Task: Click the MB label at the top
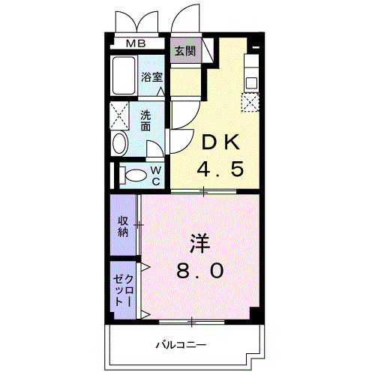[136, 43]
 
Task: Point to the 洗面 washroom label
[146, 121]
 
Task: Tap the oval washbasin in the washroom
[120, 143]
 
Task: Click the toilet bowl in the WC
[135, 175]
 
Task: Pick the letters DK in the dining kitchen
[219, 141]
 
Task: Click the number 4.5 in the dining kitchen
[219, 169]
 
